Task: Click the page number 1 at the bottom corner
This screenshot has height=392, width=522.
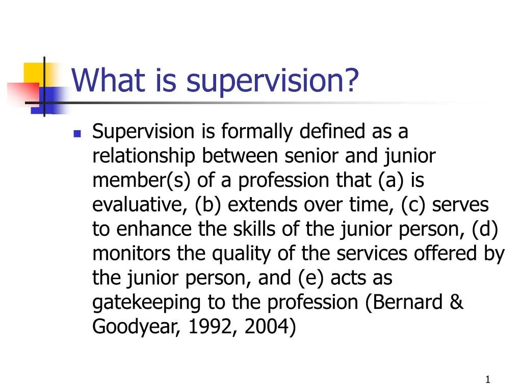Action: (x=488, y=379)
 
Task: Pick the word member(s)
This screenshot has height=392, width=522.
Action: (x=132, y=181)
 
